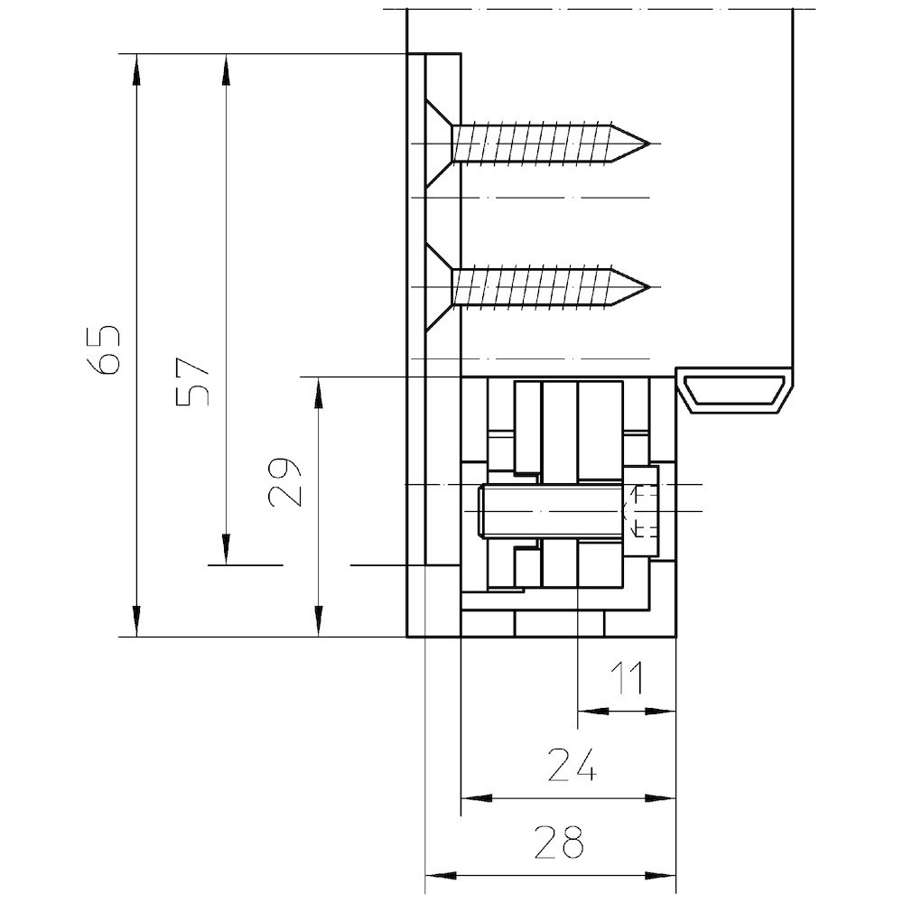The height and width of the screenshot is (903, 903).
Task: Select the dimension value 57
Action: click(x=193, y=383)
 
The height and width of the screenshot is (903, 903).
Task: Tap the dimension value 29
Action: click(x=285, y=482)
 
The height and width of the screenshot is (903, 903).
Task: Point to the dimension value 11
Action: click(x=626, y=678)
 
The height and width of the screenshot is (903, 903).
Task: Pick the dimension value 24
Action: click(x=572, y=765)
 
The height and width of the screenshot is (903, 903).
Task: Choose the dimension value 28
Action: click(x=559, y=842)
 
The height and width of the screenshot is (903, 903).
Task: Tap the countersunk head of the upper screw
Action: click(x=439, y=143)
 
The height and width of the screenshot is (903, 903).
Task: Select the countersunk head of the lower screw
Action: click(x=439, y=287)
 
